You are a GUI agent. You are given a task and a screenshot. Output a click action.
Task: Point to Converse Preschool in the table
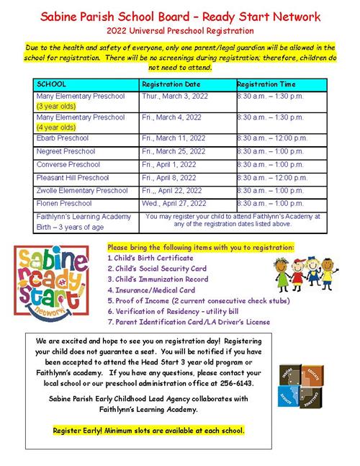pos(68,164)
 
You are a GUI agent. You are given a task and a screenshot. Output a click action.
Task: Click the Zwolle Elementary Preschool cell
pos(81,190)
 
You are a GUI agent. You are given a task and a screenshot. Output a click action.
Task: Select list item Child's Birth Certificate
pos(150,257)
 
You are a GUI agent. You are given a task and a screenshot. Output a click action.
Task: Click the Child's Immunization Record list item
pos(158,279)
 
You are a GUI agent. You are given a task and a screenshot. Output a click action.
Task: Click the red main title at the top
pos(180,16)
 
